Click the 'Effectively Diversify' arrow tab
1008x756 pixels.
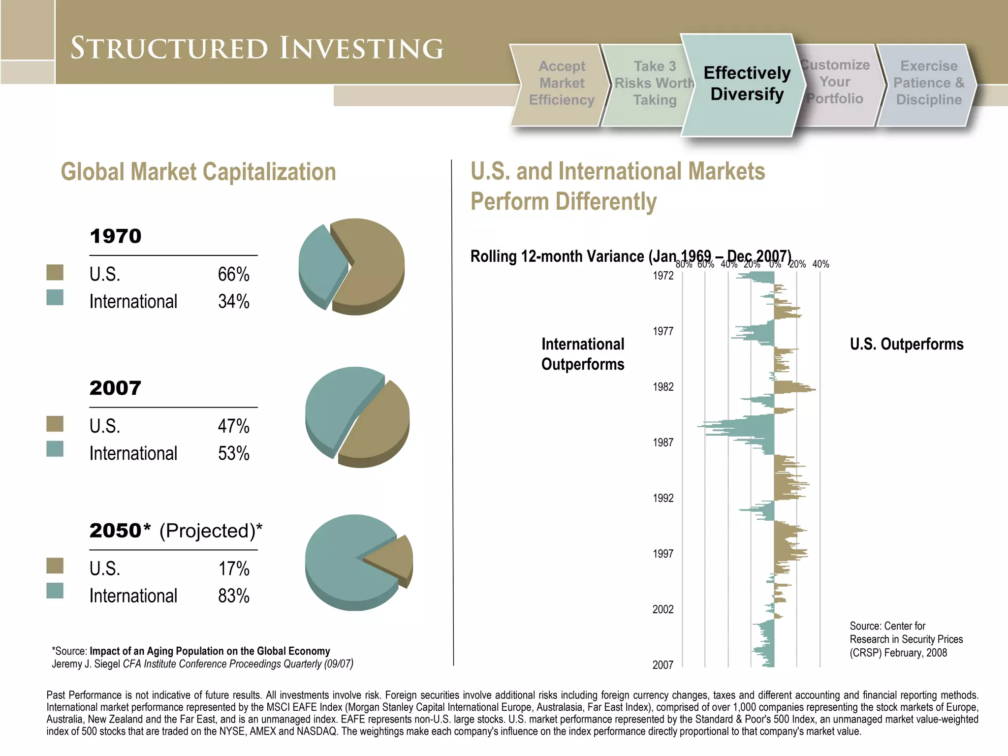pos(746,84)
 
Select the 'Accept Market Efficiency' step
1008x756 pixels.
pos(561,83)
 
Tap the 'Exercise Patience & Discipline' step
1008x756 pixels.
pos(928,83)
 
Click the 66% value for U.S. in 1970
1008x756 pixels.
pos(233,274)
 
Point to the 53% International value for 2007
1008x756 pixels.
pos(233,453)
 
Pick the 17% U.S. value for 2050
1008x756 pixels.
pos(233,568)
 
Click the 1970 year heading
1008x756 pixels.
pos(116,236)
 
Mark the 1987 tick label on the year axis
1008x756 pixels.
pos(663,442)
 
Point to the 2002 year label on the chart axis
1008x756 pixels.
pos(663,609)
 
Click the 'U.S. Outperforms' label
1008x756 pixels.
pos(906,344)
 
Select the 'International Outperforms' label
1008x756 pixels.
pos(583,354)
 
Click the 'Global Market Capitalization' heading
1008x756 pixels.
pos(198,172)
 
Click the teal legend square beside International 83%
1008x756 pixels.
pos(55,590)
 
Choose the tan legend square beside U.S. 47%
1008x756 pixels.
pos(55,424)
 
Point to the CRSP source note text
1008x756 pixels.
pos(906,639)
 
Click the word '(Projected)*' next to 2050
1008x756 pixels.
pos(211,531)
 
